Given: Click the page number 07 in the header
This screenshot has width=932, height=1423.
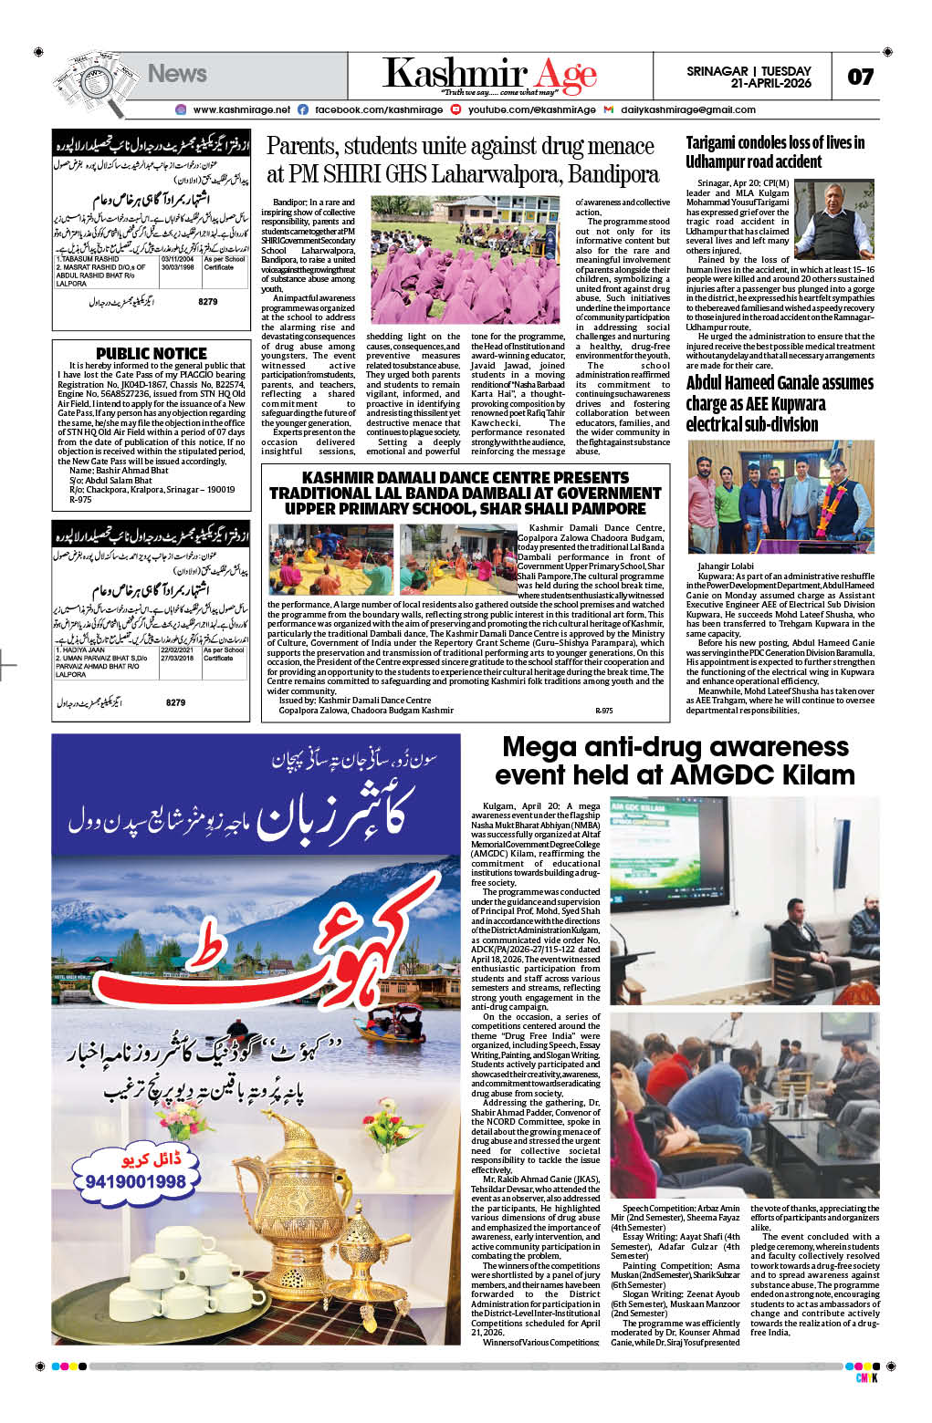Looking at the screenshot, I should pos(860,77).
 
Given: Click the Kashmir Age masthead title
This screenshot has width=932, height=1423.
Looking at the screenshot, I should pos(489,74).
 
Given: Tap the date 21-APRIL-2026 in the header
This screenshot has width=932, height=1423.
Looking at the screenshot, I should pos(770,83).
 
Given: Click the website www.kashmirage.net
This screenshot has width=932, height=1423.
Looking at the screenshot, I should pos(241,109).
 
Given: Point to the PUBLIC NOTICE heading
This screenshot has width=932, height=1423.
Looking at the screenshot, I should pos(152,353).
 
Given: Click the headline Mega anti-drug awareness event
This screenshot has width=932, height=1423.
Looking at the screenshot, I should pos(675,761).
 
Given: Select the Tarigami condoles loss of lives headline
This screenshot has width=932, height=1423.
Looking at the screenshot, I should pos(774,152).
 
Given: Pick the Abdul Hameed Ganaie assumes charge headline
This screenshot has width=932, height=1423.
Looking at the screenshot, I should pos(780,403).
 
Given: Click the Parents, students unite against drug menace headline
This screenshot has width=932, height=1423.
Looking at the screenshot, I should pos(462,161).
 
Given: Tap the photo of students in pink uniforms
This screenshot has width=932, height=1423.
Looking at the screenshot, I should pos(465,261).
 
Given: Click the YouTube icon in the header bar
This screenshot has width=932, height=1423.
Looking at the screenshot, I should pos(456,109).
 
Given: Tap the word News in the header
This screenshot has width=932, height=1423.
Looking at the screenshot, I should pos(177,74).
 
